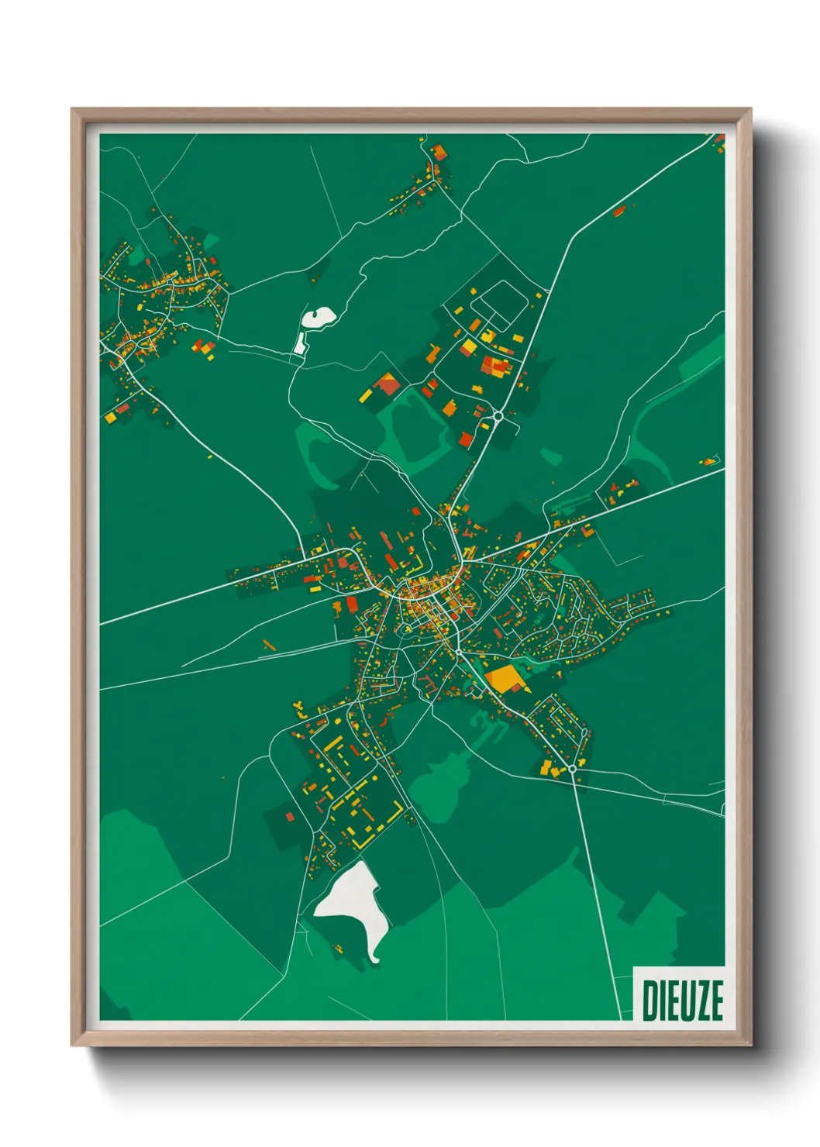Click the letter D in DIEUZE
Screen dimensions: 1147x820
[650, 1000]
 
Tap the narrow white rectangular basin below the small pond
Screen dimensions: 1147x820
[299, 343]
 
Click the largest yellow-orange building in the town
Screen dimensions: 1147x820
[505, 678]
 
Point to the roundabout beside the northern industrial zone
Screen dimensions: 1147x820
[498, 416]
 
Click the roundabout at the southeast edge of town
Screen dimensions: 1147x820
[572, 768]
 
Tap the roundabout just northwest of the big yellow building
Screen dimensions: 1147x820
[459, 653]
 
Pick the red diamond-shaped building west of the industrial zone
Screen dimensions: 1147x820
[387, 383]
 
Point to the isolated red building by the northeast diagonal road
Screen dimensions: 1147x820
[619, 210]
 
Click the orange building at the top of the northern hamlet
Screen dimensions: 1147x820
[439, 151]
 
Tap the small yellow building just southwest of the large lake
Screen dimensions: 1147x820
[339, 947]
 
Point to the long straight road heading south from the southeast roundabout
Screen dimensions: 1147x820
[598, 891]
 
